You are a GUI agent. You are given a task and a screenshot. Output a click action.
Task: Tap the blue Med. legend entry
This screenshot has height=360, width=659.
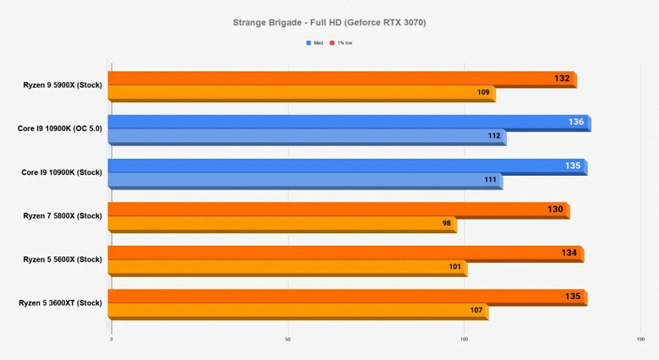pos(314,42)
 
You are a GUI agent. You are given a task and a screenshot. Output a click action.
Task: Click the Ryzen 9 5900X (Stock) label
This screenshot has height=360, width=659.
pos(63,85)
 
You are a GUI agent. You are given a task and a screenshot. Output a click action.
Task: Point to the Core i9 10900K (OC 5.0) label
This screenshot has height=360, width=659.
pos(59,129)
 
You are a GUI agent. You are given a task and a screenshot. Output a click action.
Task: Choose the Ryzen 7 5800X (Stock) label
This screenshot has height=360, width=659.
pos(63,215)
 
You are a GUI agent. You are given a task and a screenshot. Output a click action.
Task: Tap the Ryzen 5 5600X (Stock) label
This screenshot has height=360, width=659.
pos(63,259)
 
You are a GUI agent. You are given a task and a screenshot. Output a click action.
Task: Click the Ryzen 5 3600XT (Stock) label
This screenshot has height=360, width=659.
pos(60,303)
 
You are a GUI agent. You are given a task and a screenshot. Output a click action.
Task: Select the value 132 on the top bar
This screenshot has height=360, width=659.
pos(562,79)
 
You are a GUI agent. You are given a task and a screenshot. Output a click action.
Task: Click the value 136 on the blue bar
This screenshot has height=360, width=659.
pos(576,123)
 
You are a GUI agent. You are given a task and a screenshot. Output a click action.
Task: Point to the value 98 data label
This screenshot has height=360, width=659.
pos(447,223)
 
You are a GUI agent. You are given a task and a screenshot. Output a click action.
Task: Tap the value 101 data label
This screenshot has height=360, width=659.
pos(455,266)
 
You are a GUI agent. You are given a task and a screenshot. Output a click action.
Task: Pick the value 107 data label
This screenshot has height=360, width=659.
pos(477,310)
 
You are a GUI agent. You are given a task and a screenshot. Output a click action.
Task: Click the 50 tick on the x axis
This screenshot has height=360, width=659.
pos(287,340)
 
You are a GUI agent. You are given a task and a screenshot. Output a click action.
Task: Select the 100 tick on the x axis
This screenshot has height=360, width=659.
pos(464,340)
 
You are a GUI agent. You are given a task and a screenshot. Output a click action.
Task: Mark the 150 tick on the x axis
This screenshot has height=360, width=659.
pos(640,340)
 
